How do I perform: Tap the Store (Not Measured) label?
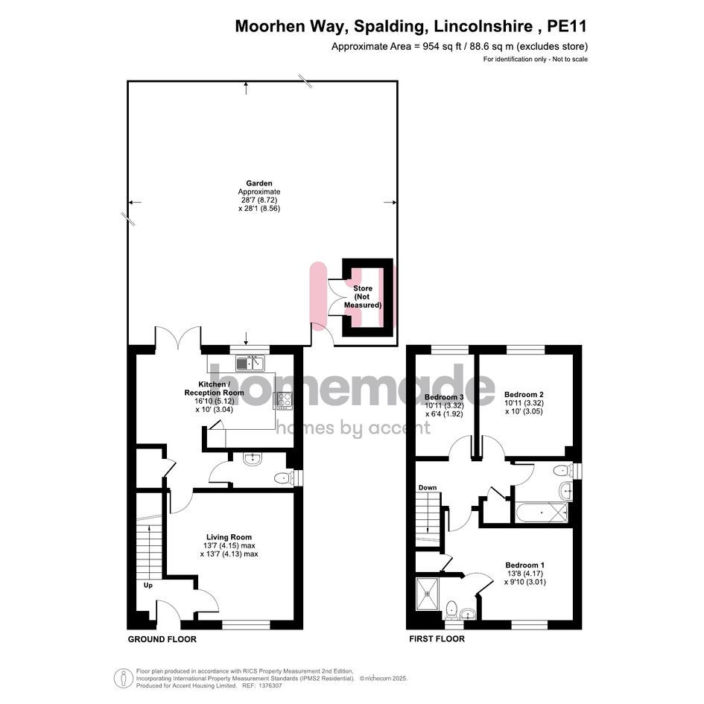tap(363, 296)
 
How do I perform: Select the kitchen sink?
tap(250, 363)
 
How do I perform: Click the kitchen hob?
tap(284, 400)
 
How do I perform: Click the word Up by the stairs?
tap(148, 586)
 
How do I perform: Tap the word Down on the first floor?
tap(428, 488)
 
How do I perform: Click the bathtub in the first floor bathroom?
tap(542, 513)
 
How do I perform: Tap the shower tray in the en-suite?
tap(428, 594)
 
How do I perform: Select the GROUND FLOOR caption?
tap(162, 639)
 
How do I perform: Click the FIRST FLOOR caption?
tap(437, 639)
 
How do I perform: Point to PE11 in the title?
tap(567, 27)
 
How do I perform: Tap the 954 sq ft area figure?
tap(442, 46)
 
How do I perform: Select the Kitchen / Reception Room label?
tap(214, 388)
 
